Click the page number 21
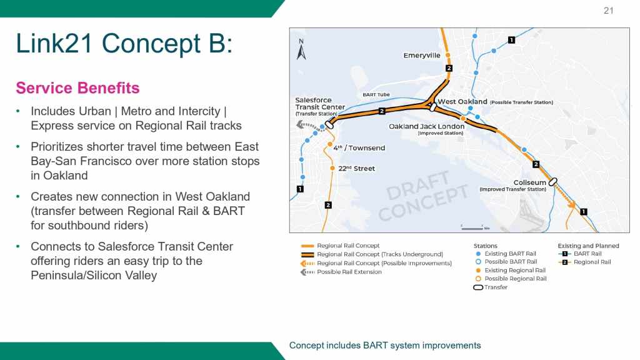point(608,11)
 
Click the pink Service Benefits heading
point(77,87)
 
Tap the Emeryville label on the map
point(422,56)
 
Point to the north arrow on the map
point(301,49)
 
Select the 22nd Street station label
point(356,168)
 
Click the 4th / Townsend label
point(359,147)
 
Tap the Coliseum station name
point(529,182)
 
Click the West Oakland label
point(462,102)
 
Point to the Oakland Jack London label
point(426,126)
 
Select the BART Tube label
point(376,95)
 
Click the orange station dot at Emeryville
point(447,55)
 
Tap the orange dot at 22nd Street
point(332,168)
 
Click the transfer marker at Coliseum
point(552,182)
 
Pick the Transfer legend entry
point(490,287)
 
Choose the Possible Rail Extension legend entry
point(341,272)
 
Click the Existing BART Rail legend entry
point(506,254)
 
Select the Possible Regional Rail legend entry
point(511,279)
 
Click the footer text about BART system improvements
point(385,345)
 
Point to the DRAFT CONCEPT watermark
point(423,196)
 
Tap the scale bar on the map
point(472,227)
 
